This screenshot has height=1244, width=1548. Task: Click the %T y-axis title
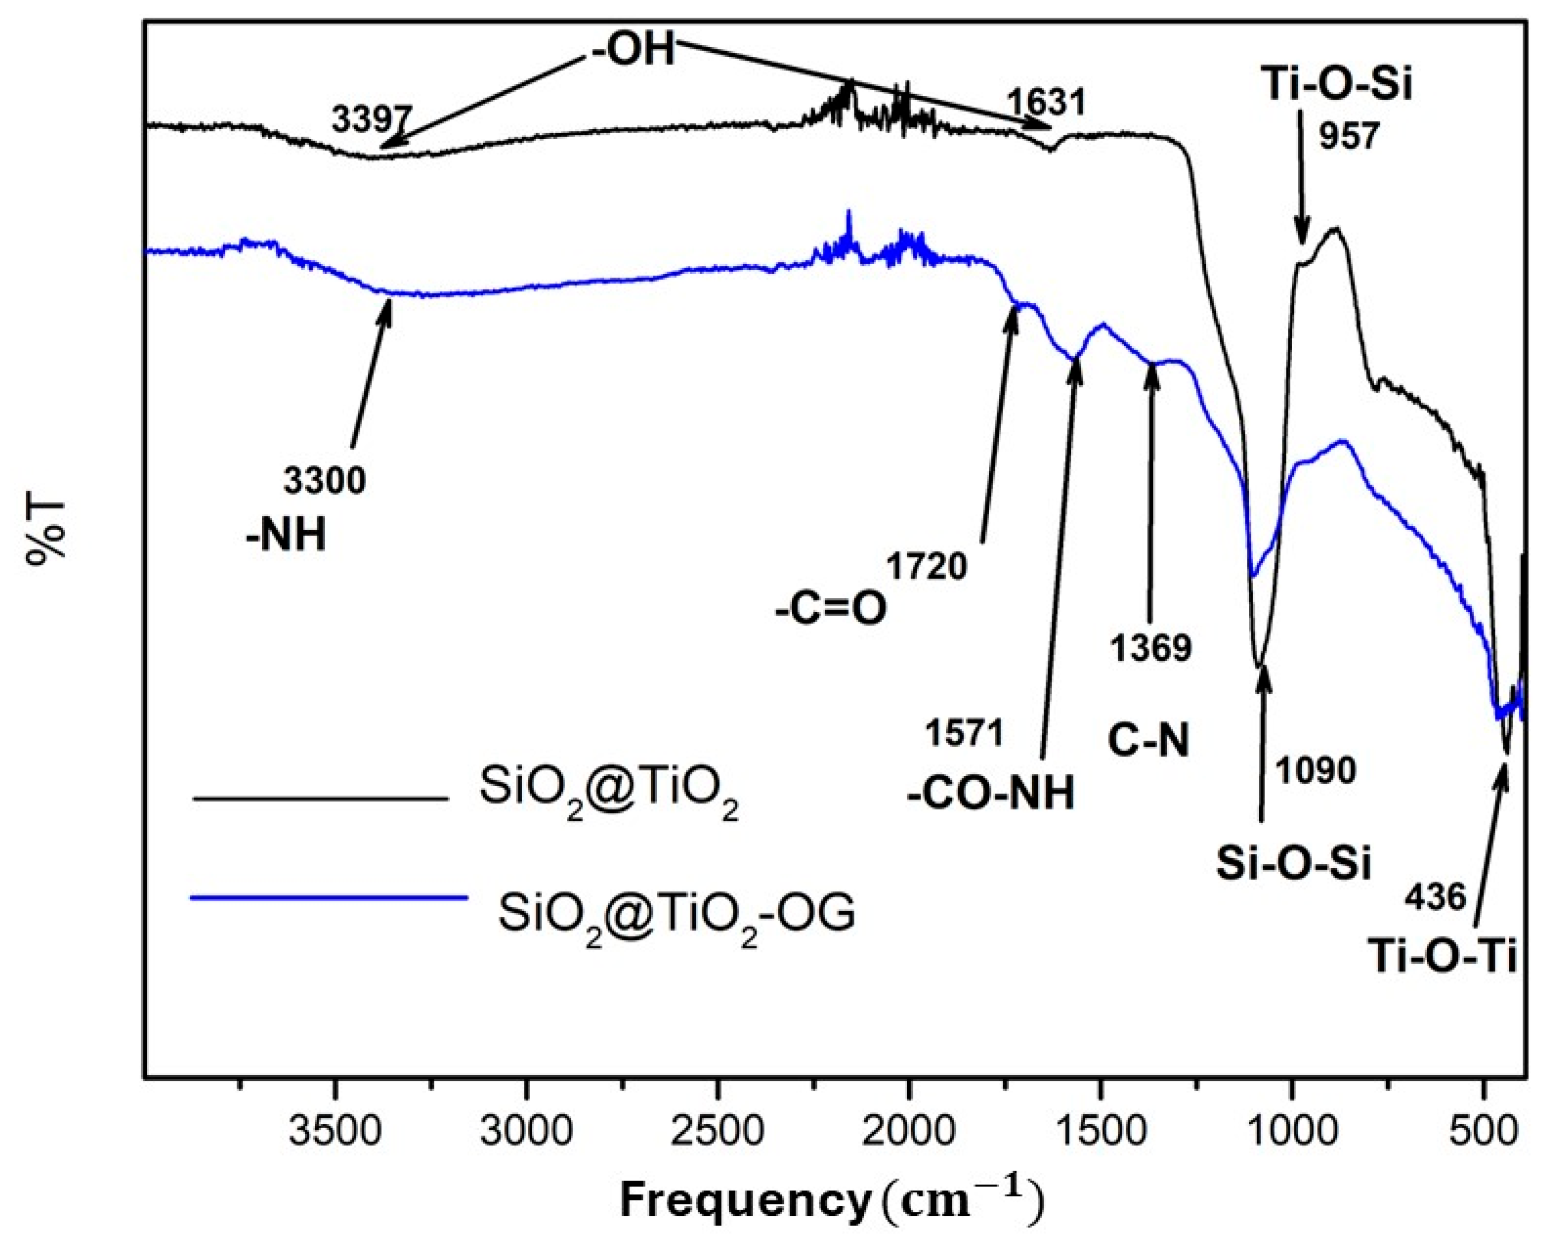click(45, 529)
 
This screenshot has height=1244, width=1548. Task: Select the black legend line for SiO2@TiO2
click(321, 799)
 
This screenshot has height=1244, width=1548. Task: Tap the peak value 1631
click(1045, 103)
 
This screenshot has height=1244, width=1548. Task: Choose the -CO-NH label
click(991, 795)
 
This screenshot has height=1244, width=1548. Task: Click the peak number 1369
click(1151, 648)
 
